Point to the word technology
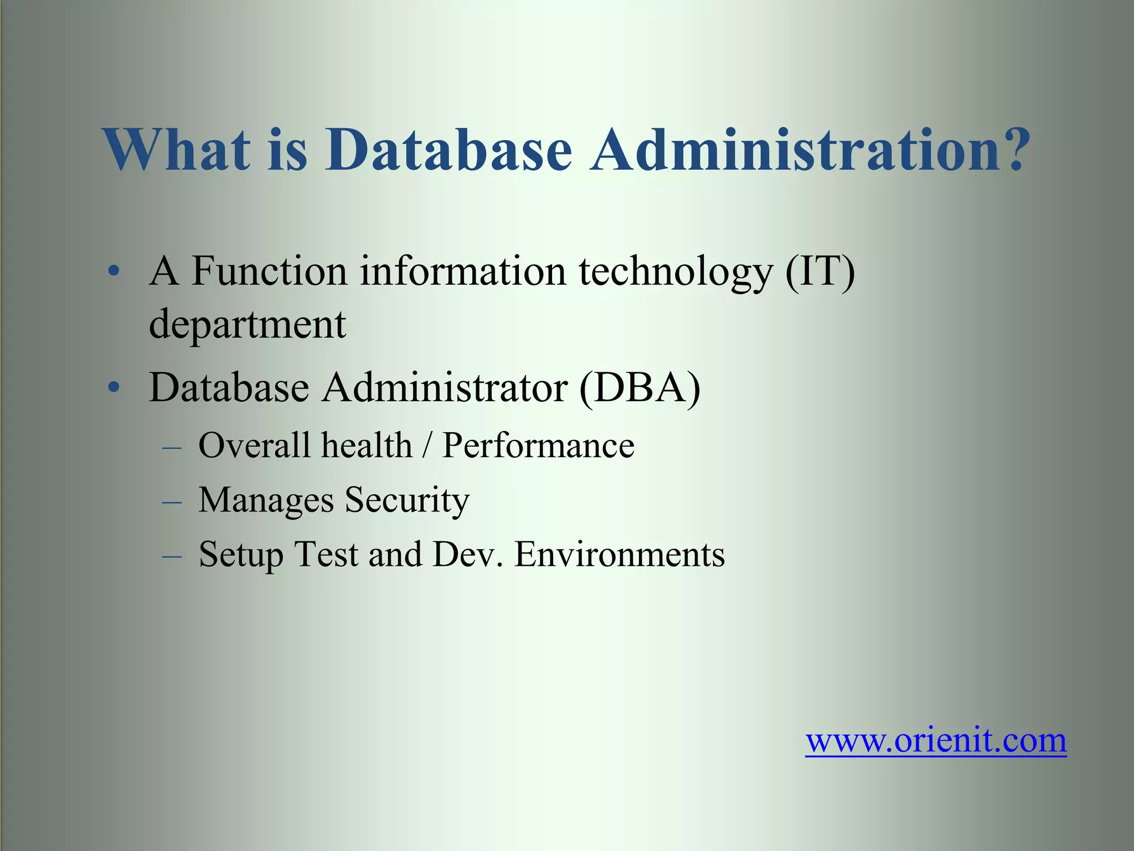click(x=675, y=273)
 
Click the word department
click(x=248, y=325)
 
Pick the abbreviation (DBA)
click(x=640, y=387)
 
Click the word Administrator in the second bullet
click(x=445, y=387)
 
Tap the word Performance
click(x=538, y=445)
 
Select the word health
click(x=367, y=445)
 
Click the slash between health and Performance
click(x=426, y=445)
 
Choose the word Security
click(x=407, y=500)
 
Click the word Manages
click(x=266, y=500)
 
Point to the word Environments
click(x=620, y=555)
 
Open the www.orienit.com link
click(x=936, y=740)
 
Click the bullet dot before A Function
click(x=114, y=271)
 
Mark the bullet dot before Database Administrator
click(x=114, y=387)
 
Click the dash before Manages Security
click(x=172, y=501)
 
